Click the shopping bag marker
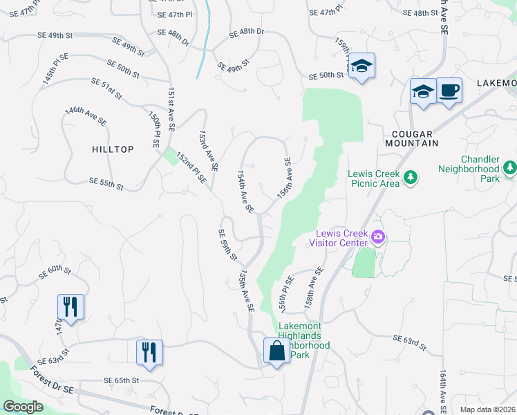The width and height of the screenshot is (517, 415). (276, 351)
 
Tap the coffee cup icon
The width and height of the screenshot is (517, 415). (449, 91)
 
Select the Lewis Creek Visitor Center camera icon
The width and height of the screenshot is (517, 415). (378, 237)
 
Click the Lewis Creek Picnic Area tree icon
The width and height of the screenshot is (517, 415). (411, 178)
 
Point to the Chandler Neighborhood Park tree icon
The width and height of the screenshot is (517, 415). (510, 168)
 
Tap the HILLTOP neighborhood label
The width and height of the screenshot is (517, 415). (112, 149)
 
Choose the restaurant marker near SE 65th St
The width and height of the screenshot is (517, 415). (149, 353)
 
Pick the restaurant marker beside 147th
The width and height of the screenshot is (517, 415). (70, 307)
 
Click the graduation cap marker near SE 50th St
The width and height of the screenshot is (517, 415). (361, 66)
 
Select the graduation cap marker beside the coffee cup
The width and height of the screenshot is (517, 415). (422, 91)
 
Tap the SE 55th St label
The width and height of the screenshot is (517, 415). (106, 183)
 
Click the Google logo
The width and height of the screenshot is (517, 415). (23, 407)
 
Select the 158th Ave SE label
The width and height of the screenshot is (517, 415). (314, 288)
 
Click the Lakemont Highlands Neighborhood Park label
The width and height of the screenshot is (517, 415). (305, 340)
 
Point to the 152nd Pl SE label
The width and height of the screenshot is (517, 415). (191, 168)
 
